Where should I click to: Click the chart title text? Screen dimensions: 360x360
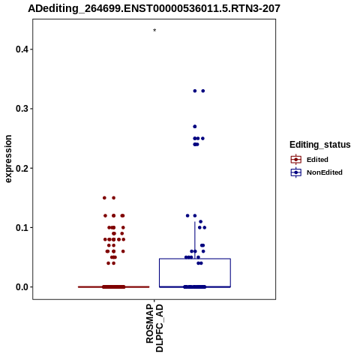(x=154, y=8)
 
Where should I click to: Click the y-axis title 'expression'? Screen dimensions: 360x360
(x=8, y=159)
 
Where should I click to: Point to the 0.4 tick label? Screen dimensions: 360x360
(x=22, y=49)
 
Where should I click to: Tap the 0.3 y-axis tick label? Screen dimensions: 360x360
(x=22, y=109)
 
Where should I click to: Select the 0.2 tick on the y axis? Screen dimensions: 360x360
(x=22, y=168)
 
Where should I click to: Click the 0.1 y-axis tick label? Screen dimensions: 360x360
(x=22, y=228)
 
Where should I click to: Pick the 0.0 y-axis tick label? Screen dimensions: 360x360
(x=22, y=287)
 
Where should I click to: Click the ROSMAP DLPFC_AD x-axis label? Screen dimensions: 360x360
(x=154, y=328)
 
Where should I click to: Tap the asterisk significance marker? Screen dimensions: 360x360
(x=154, y=31)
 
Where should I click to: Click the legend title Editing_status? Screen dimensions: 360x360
(x=320, y=145)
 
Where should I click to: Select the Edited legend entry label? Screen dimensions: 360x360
(x=317, y=160)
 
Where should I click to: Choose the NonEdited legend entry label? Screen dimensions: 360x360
(x=325, y=172)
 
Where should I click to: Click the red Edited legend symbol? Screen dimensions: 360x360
(x=296, y=160)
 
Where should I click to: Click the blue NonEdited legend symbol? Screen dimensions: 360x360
(x=296, y=172)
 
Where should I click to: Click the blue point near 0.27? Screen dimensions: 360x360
(x=195, y=127)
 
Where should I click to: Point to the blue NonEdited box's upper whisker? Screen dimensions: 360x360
(x=195, y=240)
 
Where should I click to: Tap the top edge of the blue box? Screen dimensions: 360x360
(x=195, y=259)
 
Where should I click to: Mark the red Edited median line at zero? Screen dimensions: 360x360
(x=114, y=287)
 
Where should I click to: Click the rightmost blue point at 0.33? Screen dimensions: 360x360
(x=203, y=91)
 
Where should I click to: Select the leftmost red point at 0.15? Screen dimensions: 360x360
(x=104, y=198)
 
